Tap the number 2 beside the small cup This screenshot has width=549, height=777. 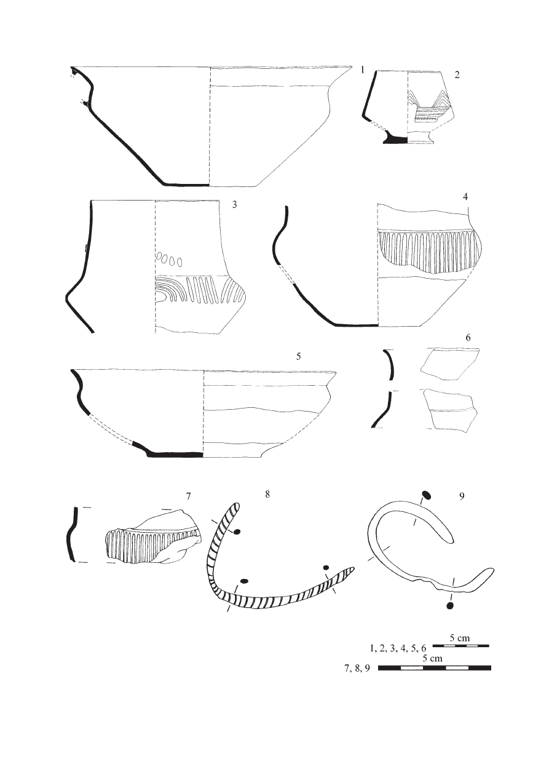tap(457, 75)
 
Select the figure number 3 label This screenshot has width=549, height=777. tap(234, 205)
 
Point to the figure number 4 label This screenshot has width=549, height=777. tap(465, 197)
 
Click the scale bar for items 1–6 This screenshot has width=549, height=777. tap(460, 646)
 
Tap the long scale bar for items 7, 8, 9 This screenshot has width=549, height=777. tap(434, 668)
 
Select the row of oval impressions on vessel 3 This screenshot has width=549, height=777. tap(169, 259)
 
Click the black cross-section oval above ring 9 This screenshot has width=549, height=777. tap(425, 495)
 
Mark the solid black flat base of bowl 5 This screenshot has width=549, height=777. tap(175, 455)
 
